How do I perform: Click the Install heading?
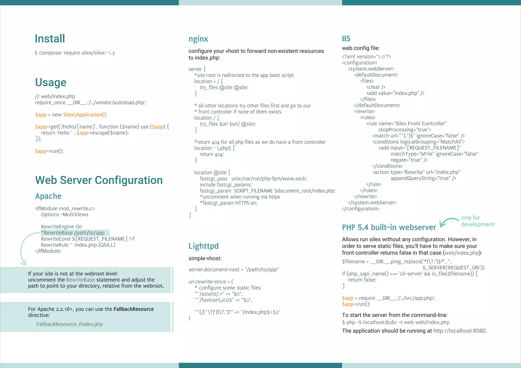pos(50,39)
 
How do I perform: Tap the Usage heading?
pos(51,82)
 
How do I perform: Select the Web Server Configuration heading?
pos(99,180)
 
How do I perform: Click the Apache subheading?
pos(48,196)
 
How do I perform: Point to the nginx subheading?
pos(198,39)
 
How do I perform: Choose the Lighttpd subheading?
pos(204,246)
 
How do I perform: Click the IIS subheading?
pos(346,39)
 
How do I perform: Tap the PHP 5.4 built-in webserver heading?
pos(389,227)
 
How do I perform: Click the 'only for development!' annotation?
pos(477,221)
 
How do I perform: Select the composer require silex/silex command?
pos(75,53)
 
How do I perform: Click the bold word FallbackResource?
pos(134,309)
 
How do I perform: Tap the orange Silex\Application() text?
pos(85,115)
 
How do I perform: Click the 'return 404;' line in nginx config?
pos(212,154)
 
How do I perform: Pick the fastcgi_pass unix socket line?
pos(253,179)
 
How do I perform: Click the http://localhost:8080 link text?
pos(459,331)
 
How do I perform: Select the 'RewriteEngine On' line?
pos(62,227)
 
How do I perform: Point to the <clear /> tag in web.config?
pos(376,87)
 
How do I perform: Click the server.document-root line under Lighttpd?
pos(234,269)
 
